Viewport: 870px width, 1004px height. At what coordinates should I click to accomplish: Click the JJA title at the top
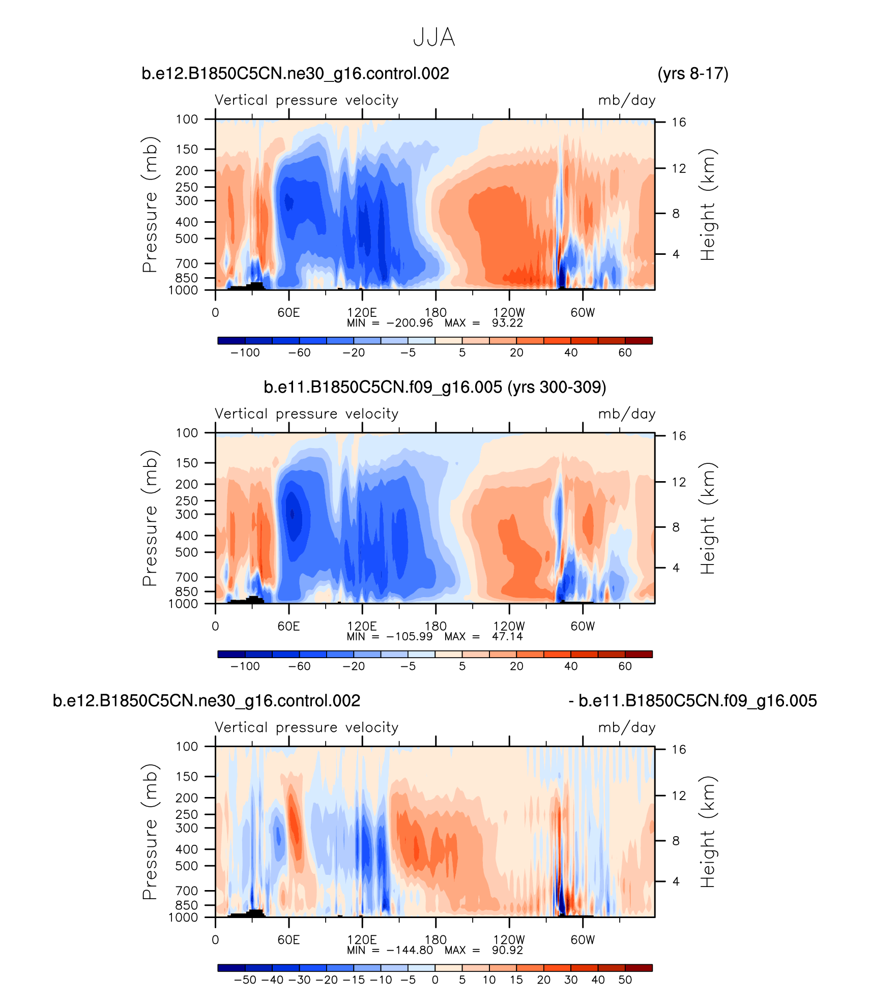(x=434, y=38)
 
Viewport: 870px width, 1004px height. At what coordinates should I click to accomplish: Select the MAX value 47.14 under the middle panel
(x=507, y=637)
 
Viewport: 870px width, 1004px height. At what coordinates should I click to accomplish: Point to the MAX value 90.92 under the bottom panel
(x=507, y=950)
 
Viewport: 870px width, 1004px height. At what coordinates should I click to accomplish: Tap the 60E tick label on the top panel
(x=288, y=312)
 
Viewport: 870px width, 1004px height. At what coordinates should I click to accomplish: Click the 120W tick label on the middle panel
(x=509, y=626)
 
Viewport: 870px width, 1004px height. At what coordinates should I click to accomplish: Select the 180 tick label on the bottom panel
(x=436, y=939)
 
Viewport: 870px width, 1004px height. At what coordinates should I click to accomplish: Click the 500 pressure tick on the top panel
(x=187, y=239)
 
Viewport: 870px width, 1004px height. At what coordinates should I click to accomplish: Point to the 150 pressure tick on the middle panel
(x=187, y=463)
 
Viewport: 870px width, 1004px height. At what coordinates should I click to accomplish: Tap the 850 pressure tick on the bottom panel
(x=187, y=905)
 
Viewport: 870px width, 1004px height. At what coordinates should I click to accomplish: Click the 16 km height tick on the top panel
(x=679, y=122)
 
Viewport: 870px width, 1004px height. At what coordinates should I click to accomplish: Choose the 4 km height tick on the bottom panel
(x=676, y=881)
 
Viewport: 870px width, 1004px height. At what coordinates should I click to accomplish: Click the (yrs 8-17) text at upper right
(x=692, y=74)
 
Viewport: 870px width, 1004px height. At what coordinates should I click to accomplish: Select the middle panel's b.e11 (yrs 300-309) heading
(x=434, y=388)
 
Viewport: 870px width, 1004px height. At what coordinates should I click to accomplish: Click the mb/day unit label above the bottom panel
(x=626, y=727)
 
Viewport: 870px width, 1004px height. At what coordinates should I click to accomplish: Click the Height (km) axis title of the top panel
(x=708, y=204)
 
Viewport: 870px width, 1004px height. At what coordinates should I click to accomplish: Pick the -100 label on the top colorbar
(x=245, y=352)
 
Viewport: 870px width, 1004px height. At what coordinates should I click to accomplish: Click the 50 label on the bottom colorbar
(x=625, y=980)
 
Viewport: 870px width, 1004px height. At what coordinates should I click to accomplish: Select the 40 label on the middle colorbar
(x=571, y=666)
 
